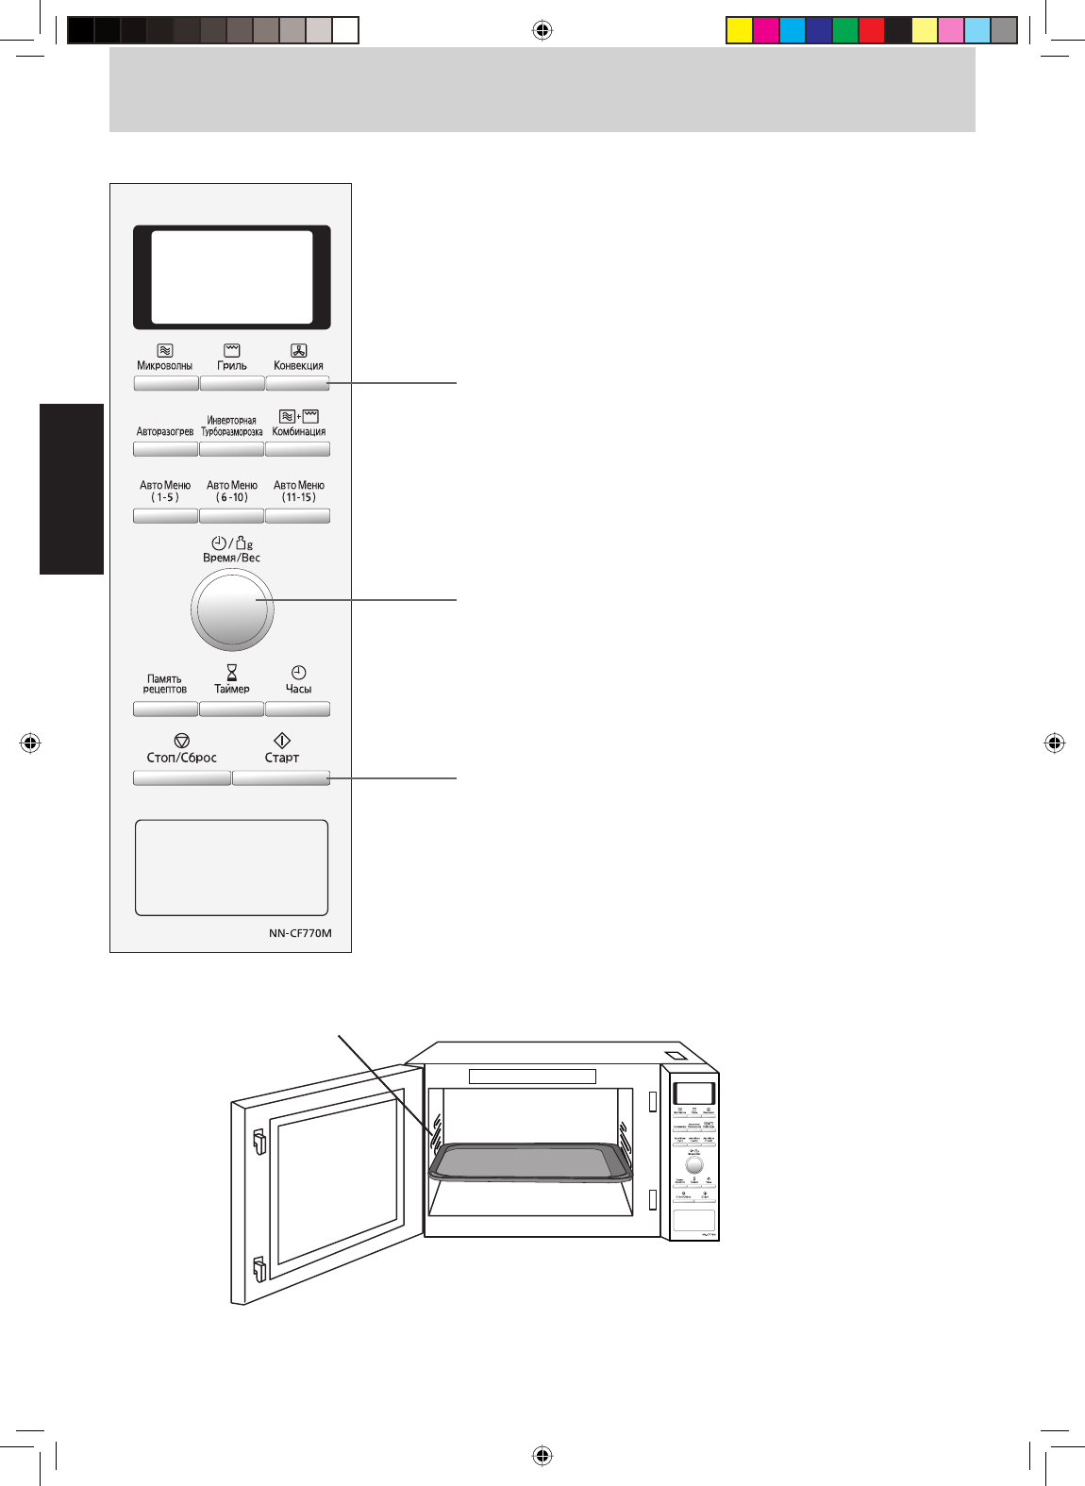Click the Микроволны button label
click(x=165, y=366)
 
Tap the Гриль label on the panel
click(x=232, y=366)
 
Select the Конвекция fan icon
click(x=298, y=351)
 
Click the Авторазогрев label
click(x=165, y=432)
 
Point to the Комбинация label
click(x=298, y=432)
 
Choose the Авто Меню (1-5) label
click(x=165, y=492)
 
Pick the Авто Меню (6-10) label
click(x=232, y=492)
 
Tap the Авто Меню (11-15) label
click(x=299, y=492)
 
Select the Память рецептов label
click(x=165, y=684)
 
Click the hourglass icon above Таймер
click(x=232, y=672)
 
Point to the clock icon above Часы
click(x=298, y=672)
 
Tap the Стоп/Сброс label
click(x=182, y=758)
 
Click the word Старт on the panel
click(x=282, y=758)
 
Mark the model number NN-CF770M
click(x=300, y=933)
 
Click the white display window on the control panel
click(x=232, y=277)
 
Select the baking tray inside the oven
click(x=530, y=1162)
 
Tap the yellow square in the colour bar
click(x=739, y=30)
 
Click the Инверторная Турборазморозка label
click(x=232, y=426)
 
